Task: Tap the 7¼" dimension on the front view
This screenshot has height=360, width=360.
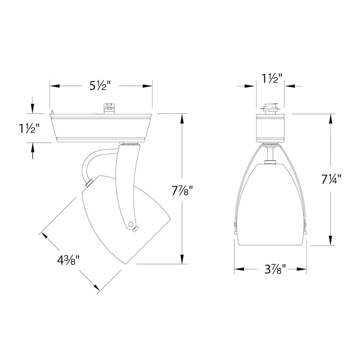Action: [330, 179]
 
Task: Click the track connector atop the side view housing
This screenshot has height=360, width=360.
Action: [108, 108]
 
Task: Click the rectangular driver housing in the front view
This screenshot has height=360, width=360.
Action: [270, 128]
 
